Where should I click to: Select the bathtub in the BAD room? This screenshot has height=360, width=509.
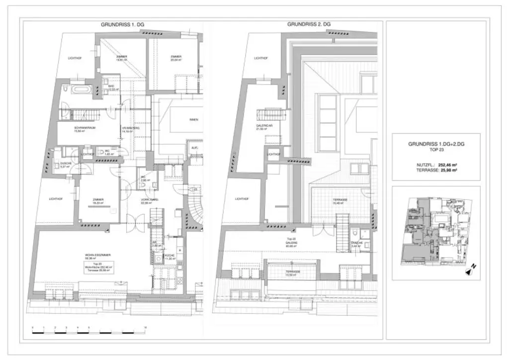[x=80, y=90]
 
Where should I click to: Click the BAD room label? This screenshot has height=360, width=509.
[x=111, y=86]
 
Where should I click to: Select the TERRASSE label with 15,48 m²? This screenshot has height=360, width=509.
[x=340, y=200]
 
